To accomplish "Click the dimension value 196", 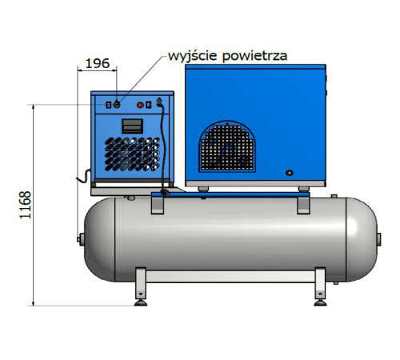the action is point(98,63).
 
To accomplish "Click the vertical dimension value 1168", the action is point(26,205).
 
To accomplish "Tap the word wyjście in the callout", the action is point(193,56).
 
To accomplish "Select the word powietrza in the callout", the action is point(254,57).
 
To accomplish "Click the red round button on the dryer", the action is point(140,105).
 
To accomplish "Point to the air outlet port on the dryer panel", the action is point(117,105).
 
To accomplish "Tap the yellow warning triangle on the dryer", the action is point(159,99).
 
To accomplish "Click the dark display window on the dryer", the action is point(132,126).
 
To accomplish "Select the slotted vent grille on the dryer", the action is point(132,154).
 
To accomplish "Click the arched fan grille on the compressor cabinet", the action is point(227,146).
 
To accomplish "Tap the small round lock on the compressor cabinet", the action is point(290,173).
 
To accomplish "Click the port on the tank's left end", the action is point(81,239).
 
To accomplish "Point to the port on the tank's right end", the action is point(378,239).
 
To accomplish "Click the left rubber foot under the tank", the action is point(141,303).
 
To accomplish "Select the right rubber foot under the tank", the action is point(320,303).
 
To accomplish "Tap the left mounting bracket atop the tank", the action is point(158,205).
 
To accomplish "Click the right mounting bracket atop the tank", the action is point(303,205).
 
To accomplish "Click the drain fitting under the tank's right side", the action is point(336,282).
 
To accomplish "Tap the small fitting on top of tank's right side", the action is point(334,196).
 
